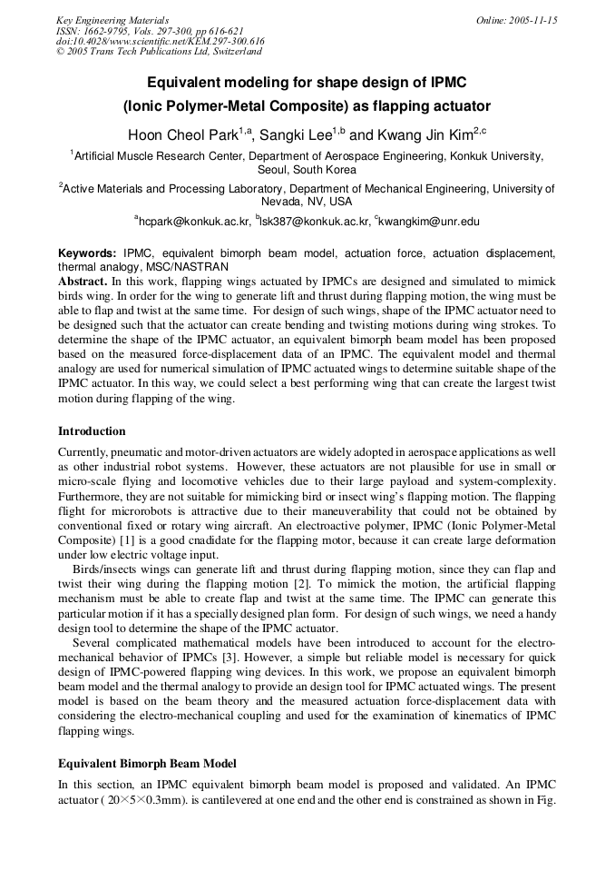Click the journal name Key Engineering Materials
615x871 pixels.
click(112, 20)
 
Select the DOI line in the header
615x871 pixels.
click(161, 42)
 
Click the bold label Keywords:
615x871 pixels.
click(87, 253)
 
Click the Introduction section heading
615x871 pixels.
click(92, 431)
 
